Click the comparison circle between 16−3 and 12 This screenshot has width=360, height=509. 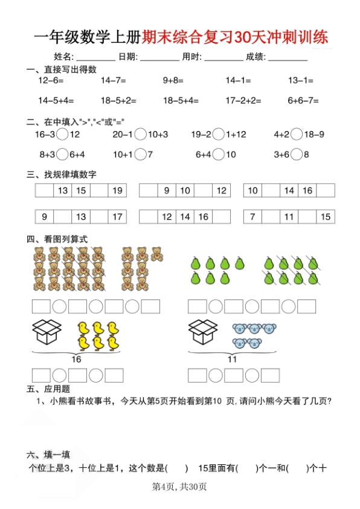coord(63,135)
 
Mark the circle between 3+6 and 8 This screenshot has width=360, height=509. coord(296,155)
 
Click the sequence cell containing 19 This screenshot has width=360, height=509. coord(118,191)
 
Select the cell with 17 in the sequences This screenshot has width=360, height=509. coord(118,216)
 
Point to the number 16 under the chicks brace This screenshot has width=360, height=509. coord(76,359)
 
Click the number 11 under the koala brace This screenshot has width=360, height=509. coord(232,359)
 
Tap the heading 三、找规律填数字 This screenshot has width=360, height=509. coord(62,175)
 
